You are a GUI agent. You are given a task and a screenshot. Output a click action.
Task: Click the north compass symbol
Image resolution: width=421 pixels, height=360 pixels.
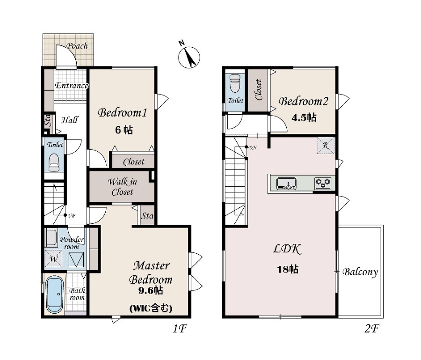click(189, 56)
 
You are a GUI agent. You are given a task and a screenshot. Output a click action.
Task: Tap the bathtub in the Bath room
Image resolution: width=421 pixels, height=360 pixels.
click(55, 295)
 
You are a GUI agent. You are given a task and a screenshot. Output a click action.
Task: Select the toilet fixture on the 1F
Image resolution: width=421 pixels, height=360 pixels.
click(54, 162)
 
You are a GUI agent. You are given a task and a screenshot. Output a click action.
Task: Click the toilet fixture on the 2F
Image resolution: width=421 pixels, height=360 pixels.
click(235, 83)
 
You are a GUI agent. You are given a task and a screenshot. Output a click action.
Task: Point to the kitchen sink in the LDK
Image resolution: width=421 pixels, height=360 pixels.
click(286, 184)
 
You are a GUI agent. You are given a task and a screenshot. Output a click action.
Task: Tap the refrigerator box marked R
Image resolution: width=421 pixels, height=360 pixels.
click(326, 145)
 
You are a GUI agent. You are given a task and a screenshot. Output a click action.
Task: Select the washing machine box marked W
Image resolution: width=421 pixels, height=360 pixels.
click(53, 258)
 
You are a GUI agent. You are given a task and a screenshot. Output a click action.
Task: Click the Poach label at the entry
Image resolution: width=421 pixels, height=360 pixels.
click(77, 46)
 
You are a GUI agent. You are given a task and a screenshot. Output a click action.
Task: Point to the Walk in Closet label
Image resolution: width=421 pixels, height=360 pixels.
click(123, 187)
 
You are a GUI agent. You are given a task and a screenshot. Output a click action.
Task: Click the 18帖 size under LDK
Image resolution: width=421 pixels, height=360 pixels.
click(288, 269)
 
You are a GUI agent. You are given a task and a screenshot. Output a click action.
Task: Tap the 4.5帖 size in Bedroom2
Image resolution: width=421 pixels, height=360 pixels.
click(304, 118)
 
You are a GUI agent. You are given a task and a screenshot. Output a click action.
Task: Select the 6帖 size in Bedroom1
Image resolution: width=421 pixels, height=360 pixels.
click(124, 130)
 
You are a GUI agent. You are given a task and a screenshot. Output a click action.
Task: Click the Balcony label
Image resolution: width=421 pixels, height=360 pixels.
click(360, 272)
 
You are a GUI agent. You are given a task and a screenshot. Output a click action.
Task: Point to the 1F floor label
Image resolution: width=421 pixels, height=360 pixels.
click(179, 328)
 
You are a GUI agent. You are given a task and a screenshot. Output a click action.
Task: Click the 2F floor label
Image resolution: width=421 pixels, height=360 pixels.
click(371, 328)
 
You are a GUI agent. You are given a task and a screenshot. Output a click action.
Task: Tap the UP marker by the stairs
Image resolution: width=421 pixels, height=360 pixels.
click(72, 215)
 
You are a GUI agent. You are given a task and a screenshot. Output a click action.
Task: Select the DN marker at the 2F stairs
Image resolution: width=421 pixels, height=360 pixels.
click(253, 147)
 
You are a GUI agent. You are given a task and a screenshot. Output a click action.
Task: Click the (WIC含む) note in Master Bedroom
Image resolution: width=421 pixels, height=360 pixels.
click(151, 308)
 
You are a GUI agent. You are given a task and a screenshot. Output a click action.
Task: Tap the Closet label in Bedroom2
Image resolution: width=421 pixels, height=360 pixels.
click(259, 90)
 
